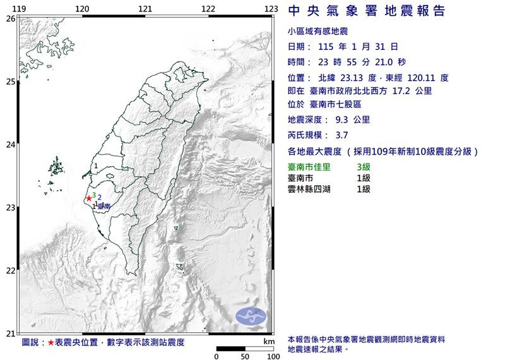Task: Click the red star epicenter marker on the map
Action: coord(88,198)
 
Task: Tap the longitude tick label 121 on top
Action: coord(145,9)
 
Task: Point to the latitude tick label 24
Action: coord(10,145)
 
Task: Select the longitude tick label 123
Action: coord(271,9)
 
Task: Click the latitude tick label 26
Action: coord(10,19)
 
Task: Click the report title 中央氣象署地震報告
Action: coord(366,11)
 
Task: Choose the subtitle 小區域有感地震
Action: coord(317,31)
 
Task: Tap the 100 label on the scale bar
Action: coord(273,356)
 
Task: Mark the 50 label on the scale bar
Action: coord(244,356)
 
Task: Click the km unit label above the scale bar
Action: coord(269,341)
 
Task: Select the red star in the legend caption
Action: coord(51,342)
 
